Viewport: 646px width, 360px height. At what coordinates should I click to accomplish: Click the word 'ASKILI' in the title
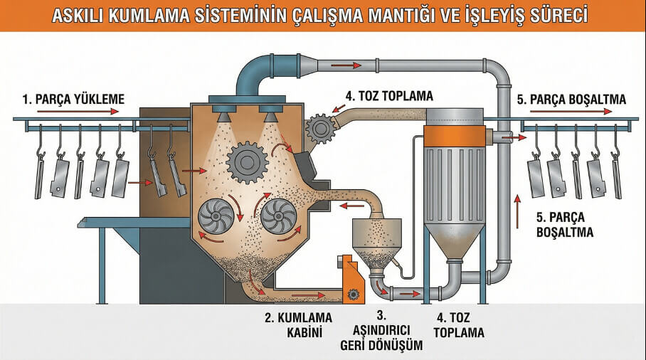click(83, 15)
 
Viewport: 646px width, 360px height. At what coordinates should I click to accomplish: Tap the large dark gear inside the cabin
click(246, 162)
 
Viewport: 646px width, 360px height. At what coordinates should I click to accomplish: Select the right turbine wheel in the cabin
click(279, 215)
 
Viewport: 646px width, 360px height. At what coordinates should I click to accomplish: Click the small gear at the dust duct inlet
click(321, 129)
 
